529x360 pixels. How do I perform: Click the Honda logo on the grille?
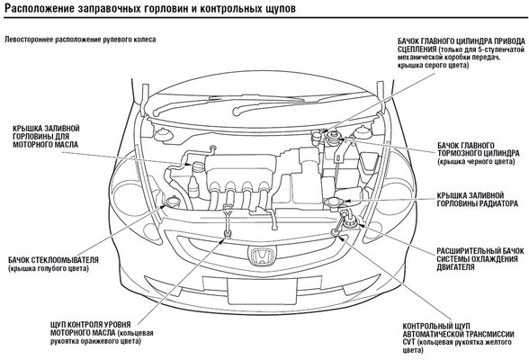click(x=262, y=255)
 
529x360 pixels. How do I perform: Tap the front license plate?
click(x=262, y=292)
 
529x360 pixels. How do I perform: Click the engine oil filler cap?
click(x=198, y=166)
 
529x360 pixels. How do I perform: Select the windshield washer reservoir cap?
click(x=172, y=201)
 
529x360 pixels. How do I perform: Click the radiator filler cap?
click(x=334, y=202)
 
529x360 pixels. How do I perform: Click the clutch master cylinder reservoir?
click(x=317, y=139)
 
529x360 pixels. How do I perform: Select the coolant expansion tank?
click(x=349, y=220)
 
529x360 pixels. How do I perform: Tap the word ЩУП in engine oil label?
click(x=58, y=325)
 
